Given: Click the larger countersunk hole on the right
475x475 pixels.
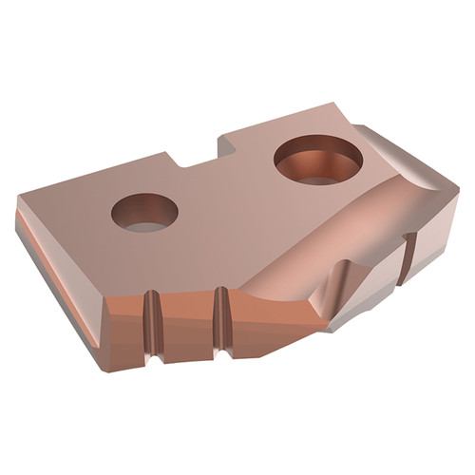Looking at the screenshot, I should tap(317, 161).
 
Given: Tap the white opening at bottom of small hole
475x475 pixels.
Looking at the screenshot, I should tap(144, 224).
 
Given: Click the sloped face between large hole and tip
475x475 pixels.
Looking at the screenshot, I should tap(313, 228).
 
